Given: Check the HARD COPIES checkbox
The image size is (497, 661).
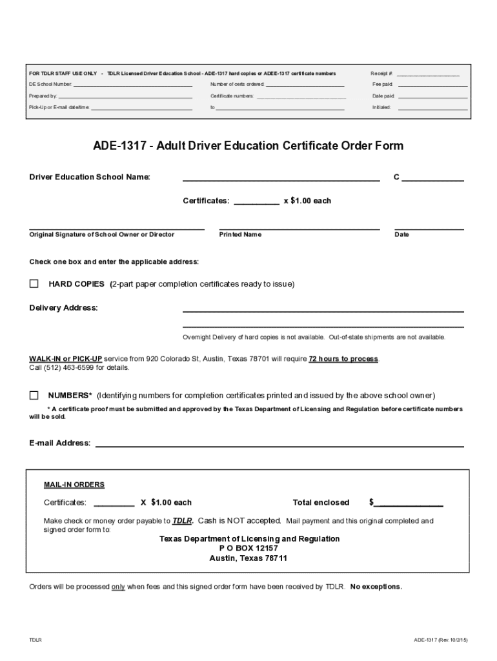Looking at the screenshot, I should coord(34,284).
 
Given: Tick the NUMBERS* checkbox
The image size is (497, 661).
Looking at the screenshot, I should coord(34,395).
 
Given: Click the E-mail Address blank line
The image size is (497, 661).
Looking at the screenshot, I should coord(279,445).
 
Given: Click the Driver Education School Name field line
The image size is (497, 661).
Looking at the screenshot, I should coord(281,180).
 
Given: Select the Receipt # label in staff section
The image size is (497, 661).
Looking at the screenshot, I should coord(382,74).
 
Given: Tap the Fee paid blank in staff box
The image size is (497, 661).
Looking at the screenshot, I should coord(432,85).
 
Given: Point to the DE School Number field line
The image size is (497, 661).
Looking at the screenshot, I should coord(132,85).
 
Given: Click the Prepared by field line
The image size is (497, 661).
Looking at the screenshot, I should coord(125,97).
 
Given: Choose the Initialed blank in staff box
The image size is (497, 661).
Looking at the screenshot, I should coord(432,108).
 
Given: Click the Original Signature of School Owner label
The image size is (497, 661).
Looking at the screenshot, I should coord(102,235).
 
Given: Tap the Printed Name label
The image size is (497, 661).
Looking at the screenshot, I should coord(240,235).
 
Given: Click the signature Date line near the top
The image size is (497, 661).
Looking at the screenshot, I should coord(429,229).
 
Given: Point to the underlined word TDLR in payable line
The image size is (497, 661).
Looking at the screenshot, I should coord(183,520).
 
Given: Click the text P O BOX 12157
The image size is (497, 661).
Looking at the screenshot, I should coord(249,548).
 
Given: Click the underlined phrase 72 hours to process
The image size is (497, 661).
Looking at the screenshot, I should coord(343,359).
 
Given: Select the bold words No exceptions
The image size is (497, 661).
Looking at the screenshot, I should coord(376,587).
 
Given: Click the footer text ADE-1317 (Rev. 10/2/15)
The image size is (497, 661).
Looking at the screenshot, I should coord(441,640).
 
